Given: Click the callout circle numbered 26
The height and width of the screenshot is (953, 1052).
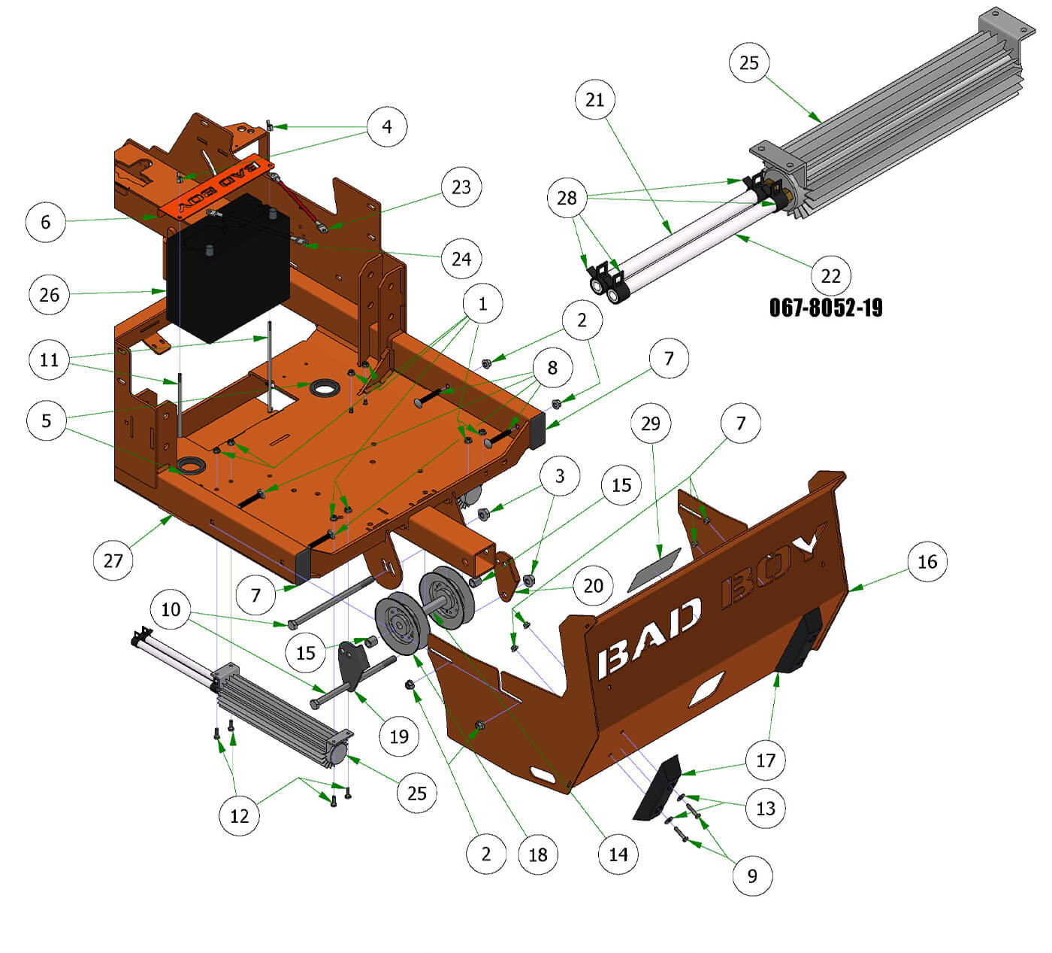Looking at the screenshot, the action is pos(50,295).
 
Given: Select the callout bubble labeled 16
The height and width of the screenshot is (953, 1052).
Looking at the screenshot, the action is pos(927,561).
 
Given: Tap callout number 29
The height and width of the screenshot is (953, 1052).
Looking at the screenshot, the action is pos(650,423).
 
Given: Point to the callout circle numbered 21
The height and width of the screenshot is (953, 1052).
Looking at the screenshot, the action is pos(594,99).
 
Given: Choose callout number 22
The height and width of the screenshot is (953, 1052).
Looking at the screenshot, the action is pos(830,275).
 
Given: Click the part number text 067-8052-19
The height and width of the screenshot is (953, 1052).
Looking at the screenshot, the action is pos(826,308).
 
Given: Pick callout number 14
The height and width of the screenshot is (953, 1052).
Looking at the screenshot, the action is pos(618,854).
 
